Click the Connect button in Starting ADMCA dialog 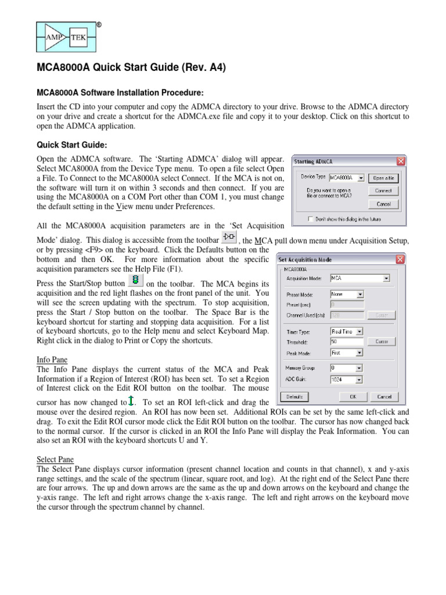(383, 191)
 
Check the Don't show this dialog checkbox (312, 219)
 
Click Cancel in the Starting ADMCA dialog (383, 204)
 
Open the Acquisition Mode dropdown (359, 278)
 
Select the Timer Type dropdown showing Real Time (347, 331)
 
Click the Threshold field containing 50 (347, 342)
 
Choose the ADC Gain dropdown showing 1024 (347, 379)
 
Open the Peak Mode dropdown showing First (347, 353)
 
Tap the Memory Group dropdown (347, 368)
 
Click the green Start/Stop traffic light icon (135, 281)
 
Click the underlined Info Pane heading (52, 360)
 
